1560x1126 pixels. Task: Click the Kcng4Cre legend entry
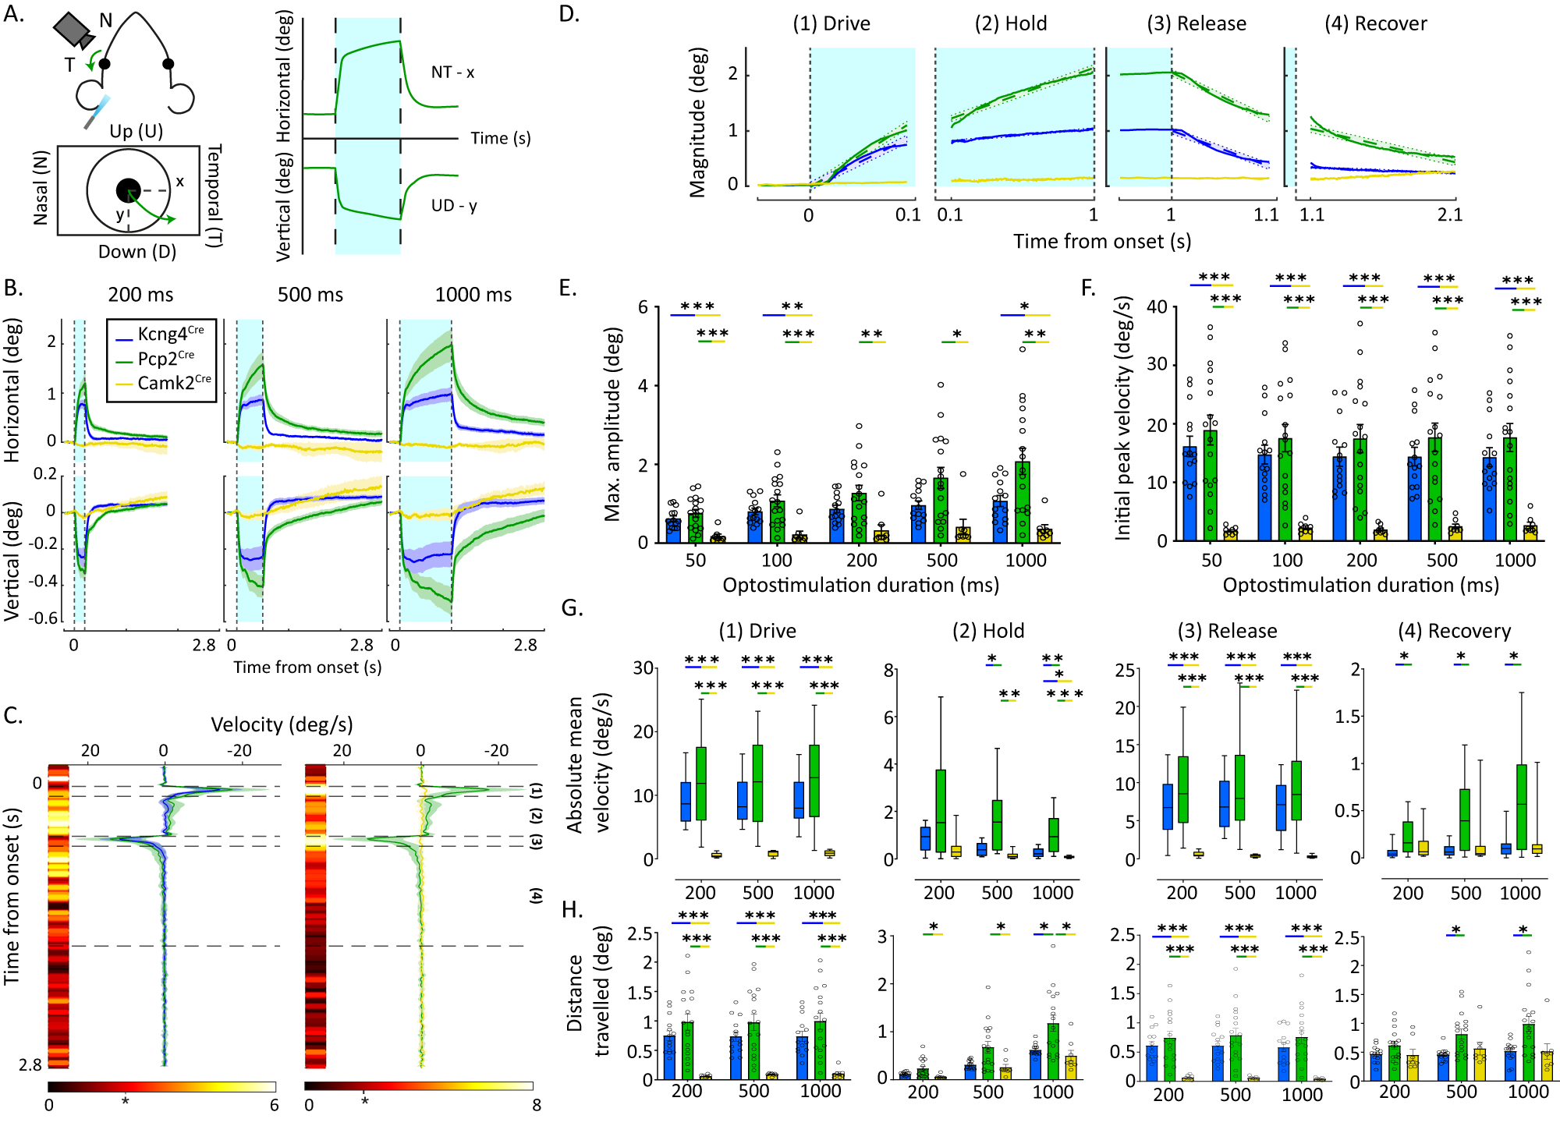[x=163, y=335]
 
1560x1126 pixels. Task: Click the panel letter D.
[x=569, y=14]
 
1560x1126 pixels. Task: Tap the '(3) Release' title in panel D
[x=1196, y=23]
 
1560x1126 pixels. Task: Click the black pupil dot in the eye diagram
[x=128, y=189]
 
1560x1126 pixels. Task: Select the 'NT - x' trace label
[x=452, y=73]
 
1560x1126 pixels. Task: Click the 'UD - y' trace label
[x=454, y=206]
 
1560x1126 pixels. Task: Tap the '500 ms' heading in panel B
[x=310, y=295]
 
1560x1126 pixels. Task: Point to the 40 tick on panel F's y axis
[x=1157, y=306]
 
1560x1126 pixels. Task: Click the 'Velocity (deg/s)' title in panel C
[x=282, y=724]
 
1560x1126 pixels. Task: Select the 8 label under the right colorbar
[x=536, y=1105]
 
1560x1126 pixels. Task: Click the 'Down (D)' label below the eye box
[x=137, y=252]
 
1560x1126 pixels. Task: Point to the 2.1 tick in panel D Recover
[x=1449, y=214]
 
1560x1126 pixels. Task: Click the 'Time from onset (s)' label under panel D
[x=1101, y=242]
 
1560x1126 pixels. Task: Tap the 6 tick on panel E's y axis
[x=643, y=307]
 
